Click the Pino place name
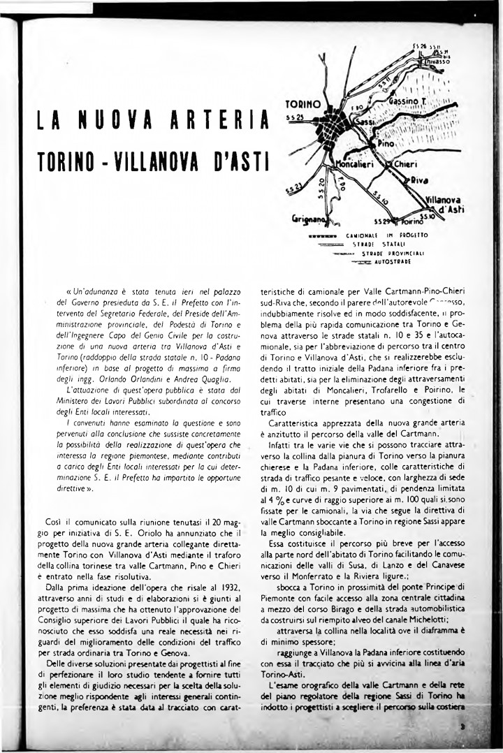point(387,142)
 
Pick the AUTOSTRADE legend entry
point(392,262)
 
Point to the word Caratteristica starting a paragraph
point(297,423)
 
